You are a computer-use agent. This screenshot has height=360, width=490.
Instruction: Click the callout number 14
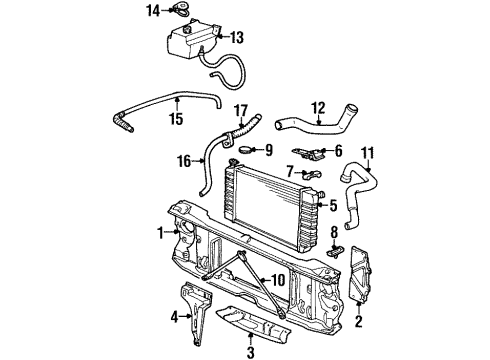(x=152, y=11)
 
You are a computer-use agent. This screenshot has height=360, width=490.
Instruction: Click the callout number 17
(x=240, y=110)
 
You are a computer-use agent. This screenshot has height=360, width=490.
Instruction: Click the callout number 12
(x=318, y=106)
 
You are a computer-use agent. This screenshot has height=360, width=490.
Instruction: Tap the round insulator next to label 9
(x=240, y=151)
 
